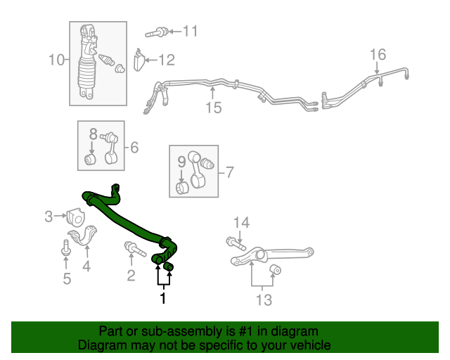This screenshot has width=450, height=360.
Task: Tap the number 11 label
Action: point(190,31)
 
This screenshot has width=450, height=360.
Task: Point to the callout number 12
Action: point(166,60)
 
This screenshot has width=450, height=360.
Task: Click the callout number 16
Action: point(378,54)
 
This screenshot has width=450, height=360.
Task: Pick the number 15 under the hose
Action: point(213,108)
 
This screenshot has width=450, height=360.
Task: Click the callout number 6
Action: point(134,148)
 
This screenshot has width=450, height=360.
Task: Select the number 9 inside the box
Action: point(181,162)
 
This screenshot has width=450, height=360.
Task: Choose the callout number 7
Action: point(228,171)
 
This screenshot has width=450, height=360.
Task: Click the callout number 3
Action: point(49,217)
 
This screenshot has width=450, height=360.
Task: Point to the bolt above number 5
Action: point(65,247)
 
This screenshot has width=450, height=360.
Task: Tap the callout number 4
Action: point(86,266)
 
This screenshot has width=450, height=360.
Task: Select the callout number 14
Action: point(241,224)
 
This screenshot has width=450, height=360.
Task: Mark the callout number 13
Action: point(263,300)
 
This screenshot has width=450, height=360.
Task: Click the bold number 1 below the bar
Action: point(163,298)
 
